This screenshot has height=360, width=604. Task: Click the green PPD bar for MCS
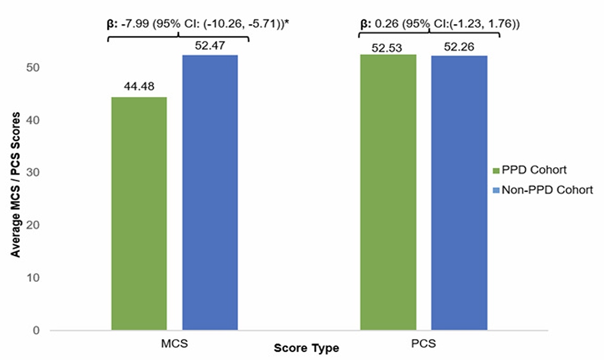click(x=139, y=214)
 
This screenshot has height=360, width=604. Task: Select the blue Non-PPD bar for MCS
click(x=210, y=193)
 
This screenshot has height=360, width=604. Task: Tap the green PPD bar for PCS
click(x=388, y=192)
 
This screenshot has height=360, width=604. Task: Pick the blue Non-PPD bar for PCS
click(x=459, y=193)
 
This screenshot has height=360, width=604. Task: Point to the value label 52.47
click(x=210, y=46)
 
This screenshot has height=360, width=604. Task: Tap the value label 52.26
click(x=459, y=47)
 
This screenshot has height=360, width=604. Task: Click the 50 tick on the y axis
click(x=35, y=68)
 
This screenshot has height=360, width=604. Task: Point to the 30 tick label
click(x=35, y=173)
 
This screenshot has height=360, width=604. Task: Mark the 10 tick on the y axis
click(x=35, y=278)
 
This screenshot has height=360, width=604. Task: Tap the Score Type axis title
click(x=307, y=348)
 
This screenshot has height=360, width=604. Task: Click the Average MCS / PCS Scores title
click(x=16, y=184)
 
